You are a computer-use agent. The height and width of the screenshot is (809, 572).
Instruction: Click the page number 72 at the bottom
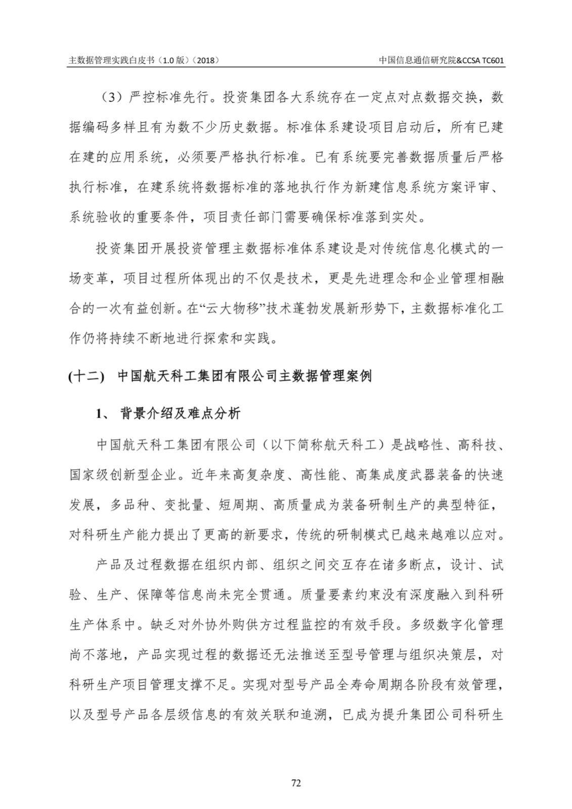[296, 783]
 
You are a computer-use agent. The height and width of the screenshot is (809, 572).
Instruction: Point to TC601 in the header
[494, 60]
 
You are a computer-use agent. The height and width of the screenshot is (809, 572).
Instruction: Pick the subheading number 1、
[103, 414]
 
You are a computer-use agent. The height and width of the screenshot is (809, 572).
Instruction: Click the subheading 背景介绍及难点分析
[180, 414]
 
